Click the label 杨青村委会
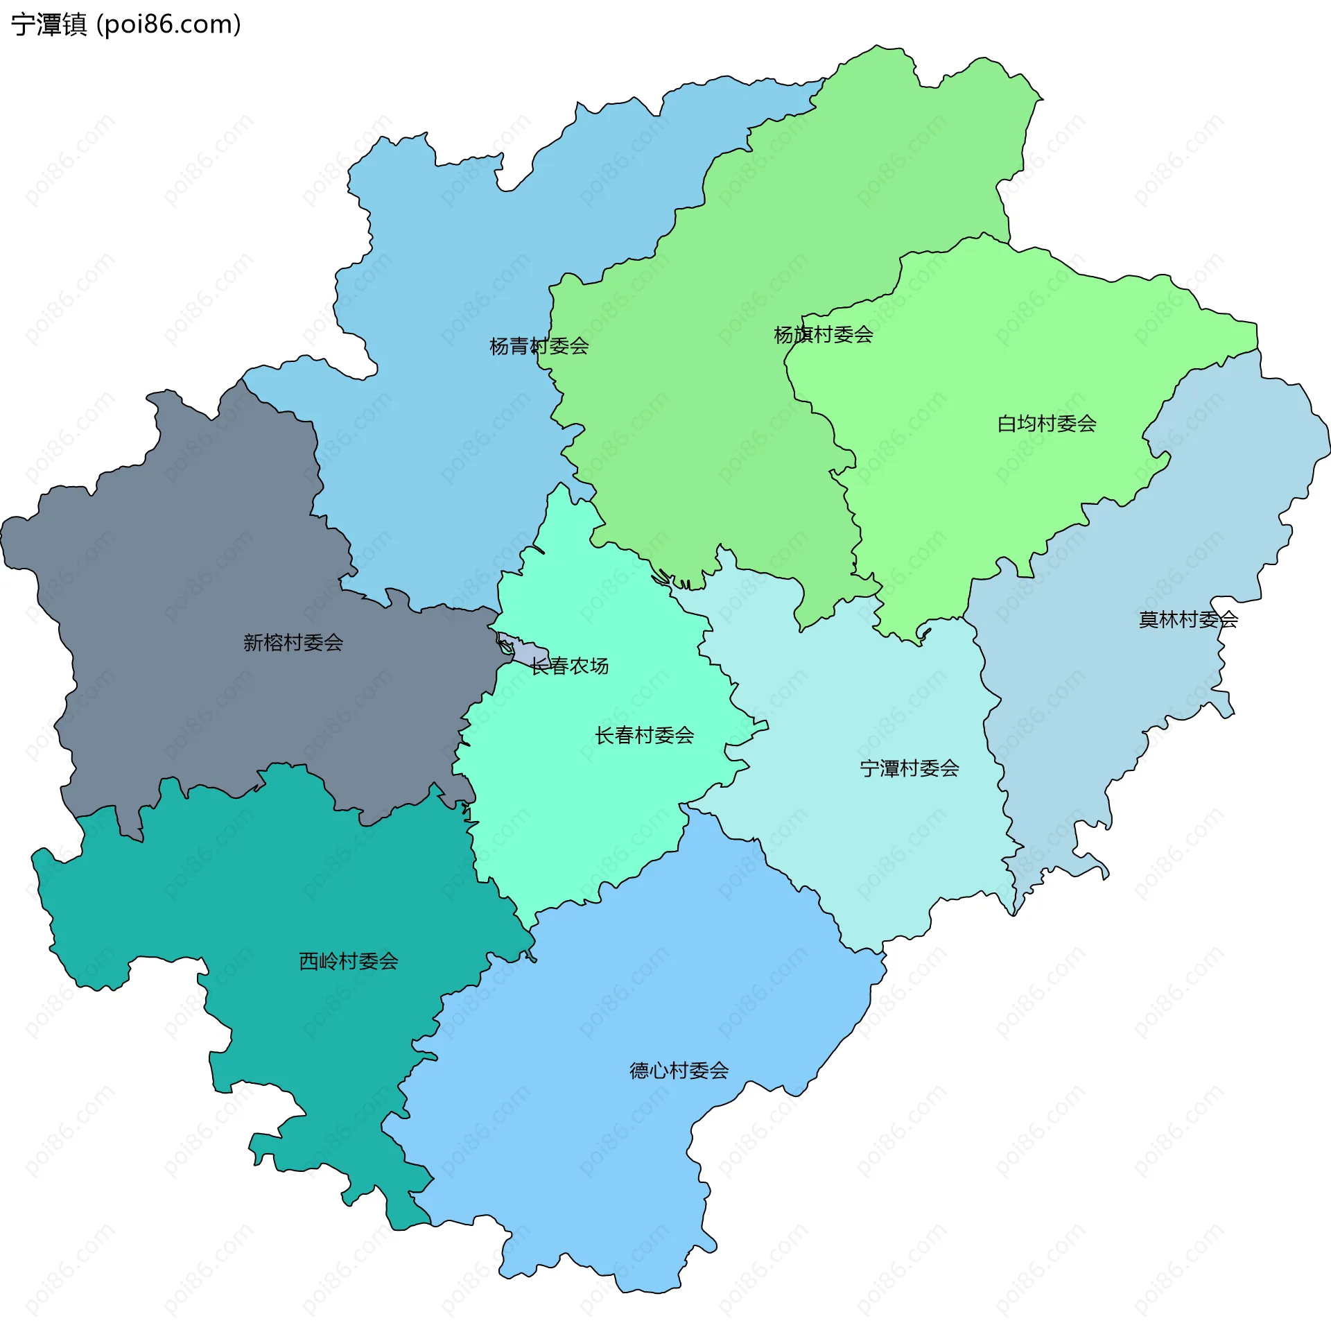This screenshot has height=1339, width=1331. (x=539, y=346)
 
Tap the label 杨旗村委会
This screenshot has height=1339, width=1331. (x=823, y=335)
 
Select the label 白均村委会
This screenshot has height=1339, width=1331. (x=1046, y=424)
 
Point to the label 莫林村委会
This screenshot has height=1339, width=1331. (x=1188, y=619)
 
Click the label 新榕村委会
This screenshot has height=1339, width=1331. (x=293, y=643)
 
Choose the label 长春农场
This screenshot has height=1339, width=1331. (x=569, y=666)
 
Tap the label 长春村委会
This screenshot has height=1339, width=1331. (x=644, y=735)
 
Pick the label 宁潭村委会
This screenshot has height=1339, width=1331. (x=909, y=768)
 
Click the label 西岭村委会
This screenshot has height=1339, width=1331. (x=348, y=961)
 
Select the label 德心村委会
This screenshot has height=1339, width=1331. (x=679, y=1071)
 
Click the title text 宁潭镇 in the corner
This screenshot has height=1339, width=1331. (x=49, y=24)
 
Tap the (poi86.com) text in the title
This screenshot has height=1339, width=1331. (x=168, y=24)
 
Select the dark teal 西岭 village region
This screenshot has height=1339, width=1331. (x=312, y=888)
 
